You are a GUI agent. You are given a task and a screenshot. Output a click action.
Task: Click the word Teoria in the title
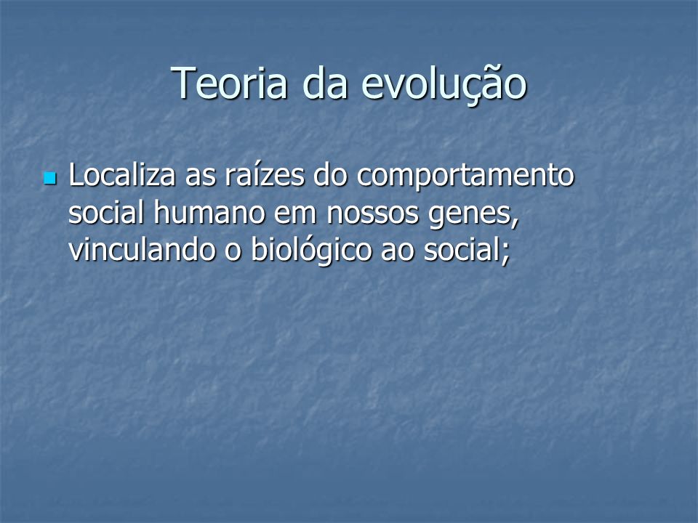click(x=229, y=83)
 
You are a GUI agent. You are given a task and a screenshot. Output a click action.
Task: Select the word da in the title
click(x=324, y=83)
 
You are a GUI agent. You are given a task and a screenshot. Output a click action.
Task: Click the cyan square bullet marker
click(x=50, y=179)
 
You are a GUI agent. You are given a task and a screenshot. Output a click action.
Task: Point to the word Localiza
click(x=122, y=174)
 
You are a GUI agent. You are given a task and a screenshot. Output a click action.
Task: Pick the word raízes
click(x=265, y=174)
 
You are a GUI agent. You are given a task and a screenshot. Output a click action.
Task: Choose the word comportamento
click(x=465, y=177)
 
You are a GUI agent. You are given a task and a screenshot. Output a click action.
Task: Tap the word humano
click(x=209, y=212)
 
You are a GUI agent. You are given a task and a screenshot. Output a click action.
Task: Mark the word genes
click(x=470, y=216)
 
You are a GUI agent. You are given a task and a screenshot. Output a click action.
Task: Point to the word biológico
click(x=311, y=251)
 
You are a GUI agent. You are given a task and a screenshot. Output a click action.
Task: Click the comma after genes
click(x=516, y=222)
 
